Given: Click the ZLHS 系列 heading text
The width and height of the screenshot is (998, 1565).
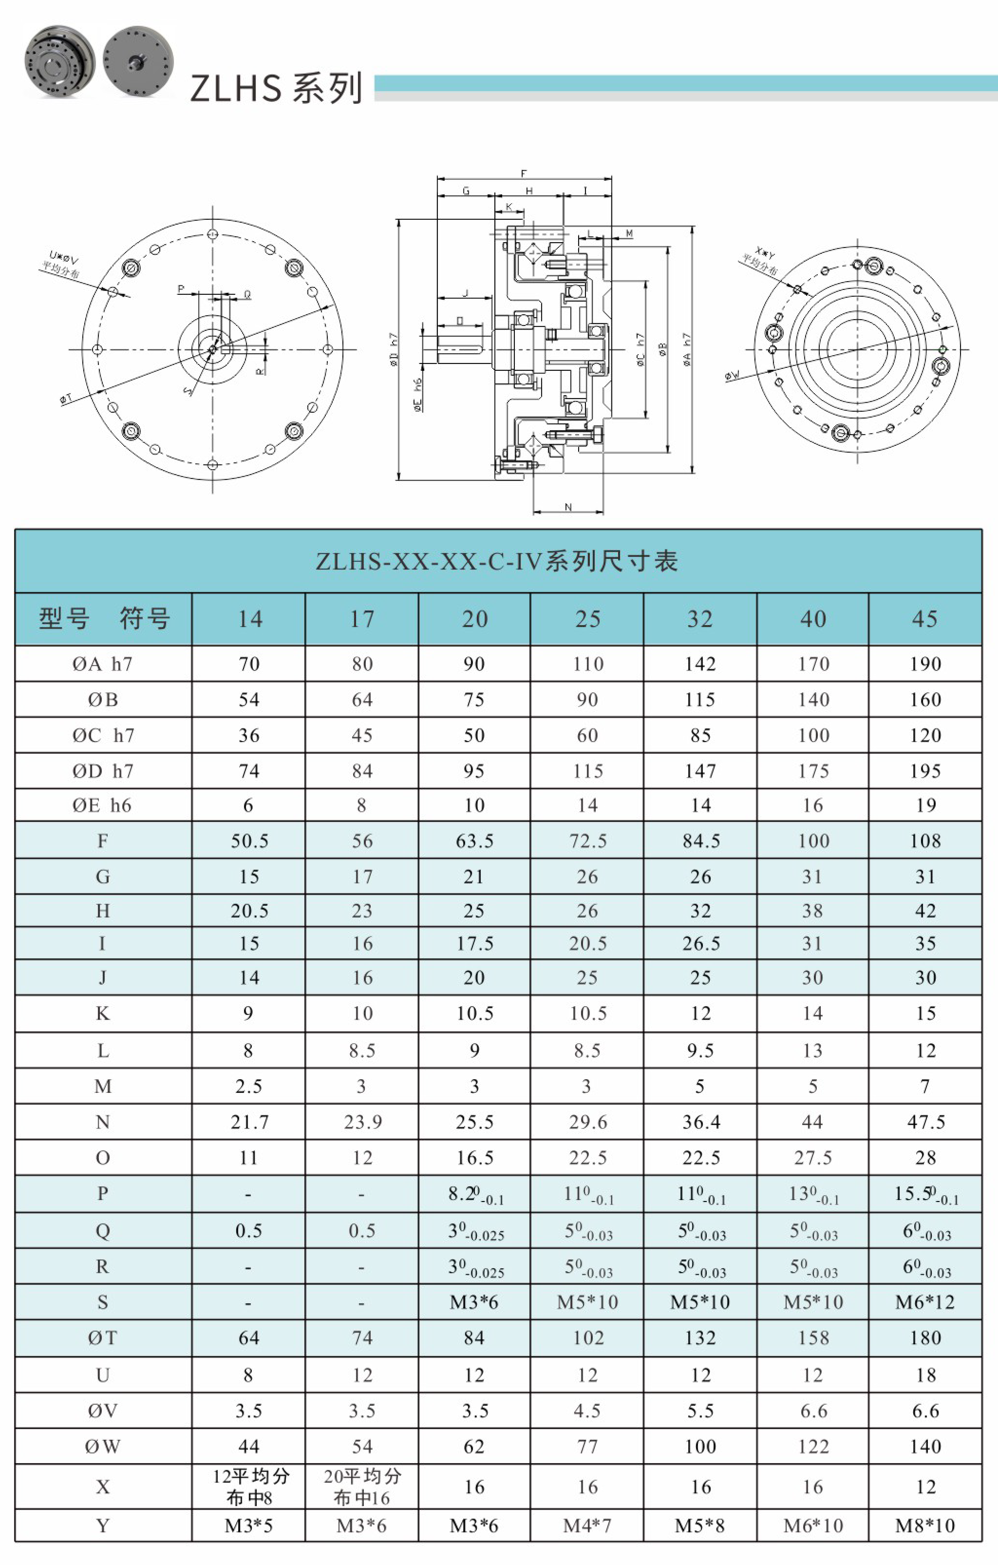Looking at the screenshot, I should point(276,88).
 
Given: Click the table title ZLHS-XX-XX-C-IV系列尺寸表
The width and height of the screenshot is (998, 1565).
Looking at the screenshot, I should point(498,561).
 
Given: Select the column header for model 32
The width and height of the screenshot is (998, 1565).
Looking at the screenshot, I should point(700,619).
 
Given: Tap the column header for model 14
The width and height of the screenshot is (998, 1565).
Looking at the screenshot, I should point(249,619).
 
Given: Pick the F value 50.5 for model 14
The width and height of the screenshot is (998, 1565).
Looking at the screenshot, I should point(249,841).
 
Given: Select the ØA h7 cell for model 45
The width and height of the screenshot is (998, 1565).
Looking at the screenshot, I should point(925,664).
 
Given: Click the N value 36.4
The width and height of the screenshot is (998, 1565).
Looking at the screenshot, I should point(700,1122).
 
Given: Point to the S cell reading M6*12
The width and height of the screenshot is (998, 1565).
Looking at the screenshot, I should point(925,1302).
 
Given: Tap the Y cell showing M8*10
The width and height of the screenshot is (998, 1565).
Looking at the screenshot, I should point(925,1526).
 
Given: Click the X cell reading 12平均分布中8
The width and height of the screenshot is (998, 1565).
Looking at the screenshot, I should point(249,1487).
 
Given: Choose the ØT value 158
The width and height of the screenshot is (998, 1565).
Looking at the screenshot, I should point(813,1337).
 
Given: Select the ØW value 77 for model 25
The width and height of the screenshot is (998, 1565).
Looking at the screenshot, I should point(587,1446).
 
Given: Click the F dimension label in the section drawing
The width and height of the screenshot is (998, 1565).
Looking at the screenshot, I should point(524,173).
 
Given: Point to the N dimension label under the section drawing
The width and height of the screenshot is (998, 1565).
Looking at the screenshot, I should point(568,507).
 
